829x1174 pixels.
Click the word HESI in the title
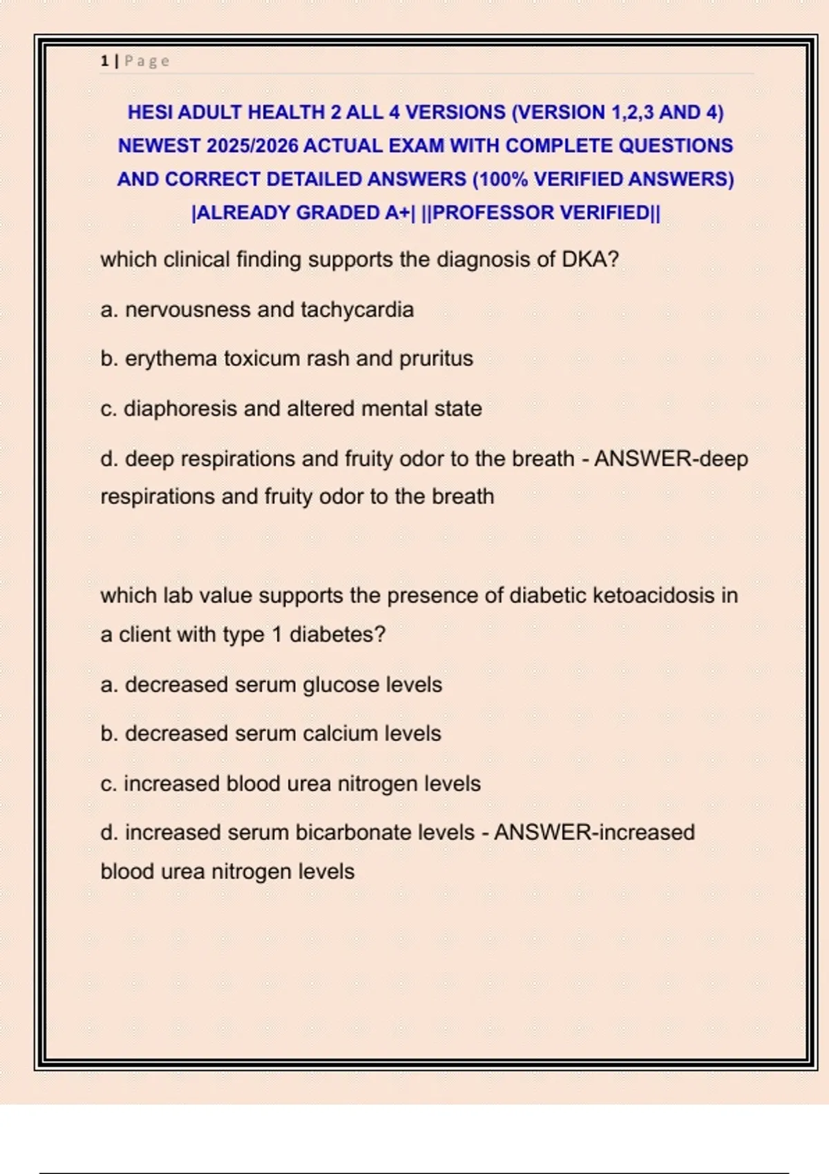point(150,112)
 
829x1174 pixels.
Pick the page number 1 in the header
point(104,61)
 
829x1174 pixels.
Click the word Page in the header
point(146,61)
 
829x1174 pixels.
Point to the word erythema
point(171,358)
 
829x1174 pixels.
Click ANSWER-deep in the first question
point(671,459)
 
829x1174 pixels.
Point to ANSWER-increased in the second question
point(594,832)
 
